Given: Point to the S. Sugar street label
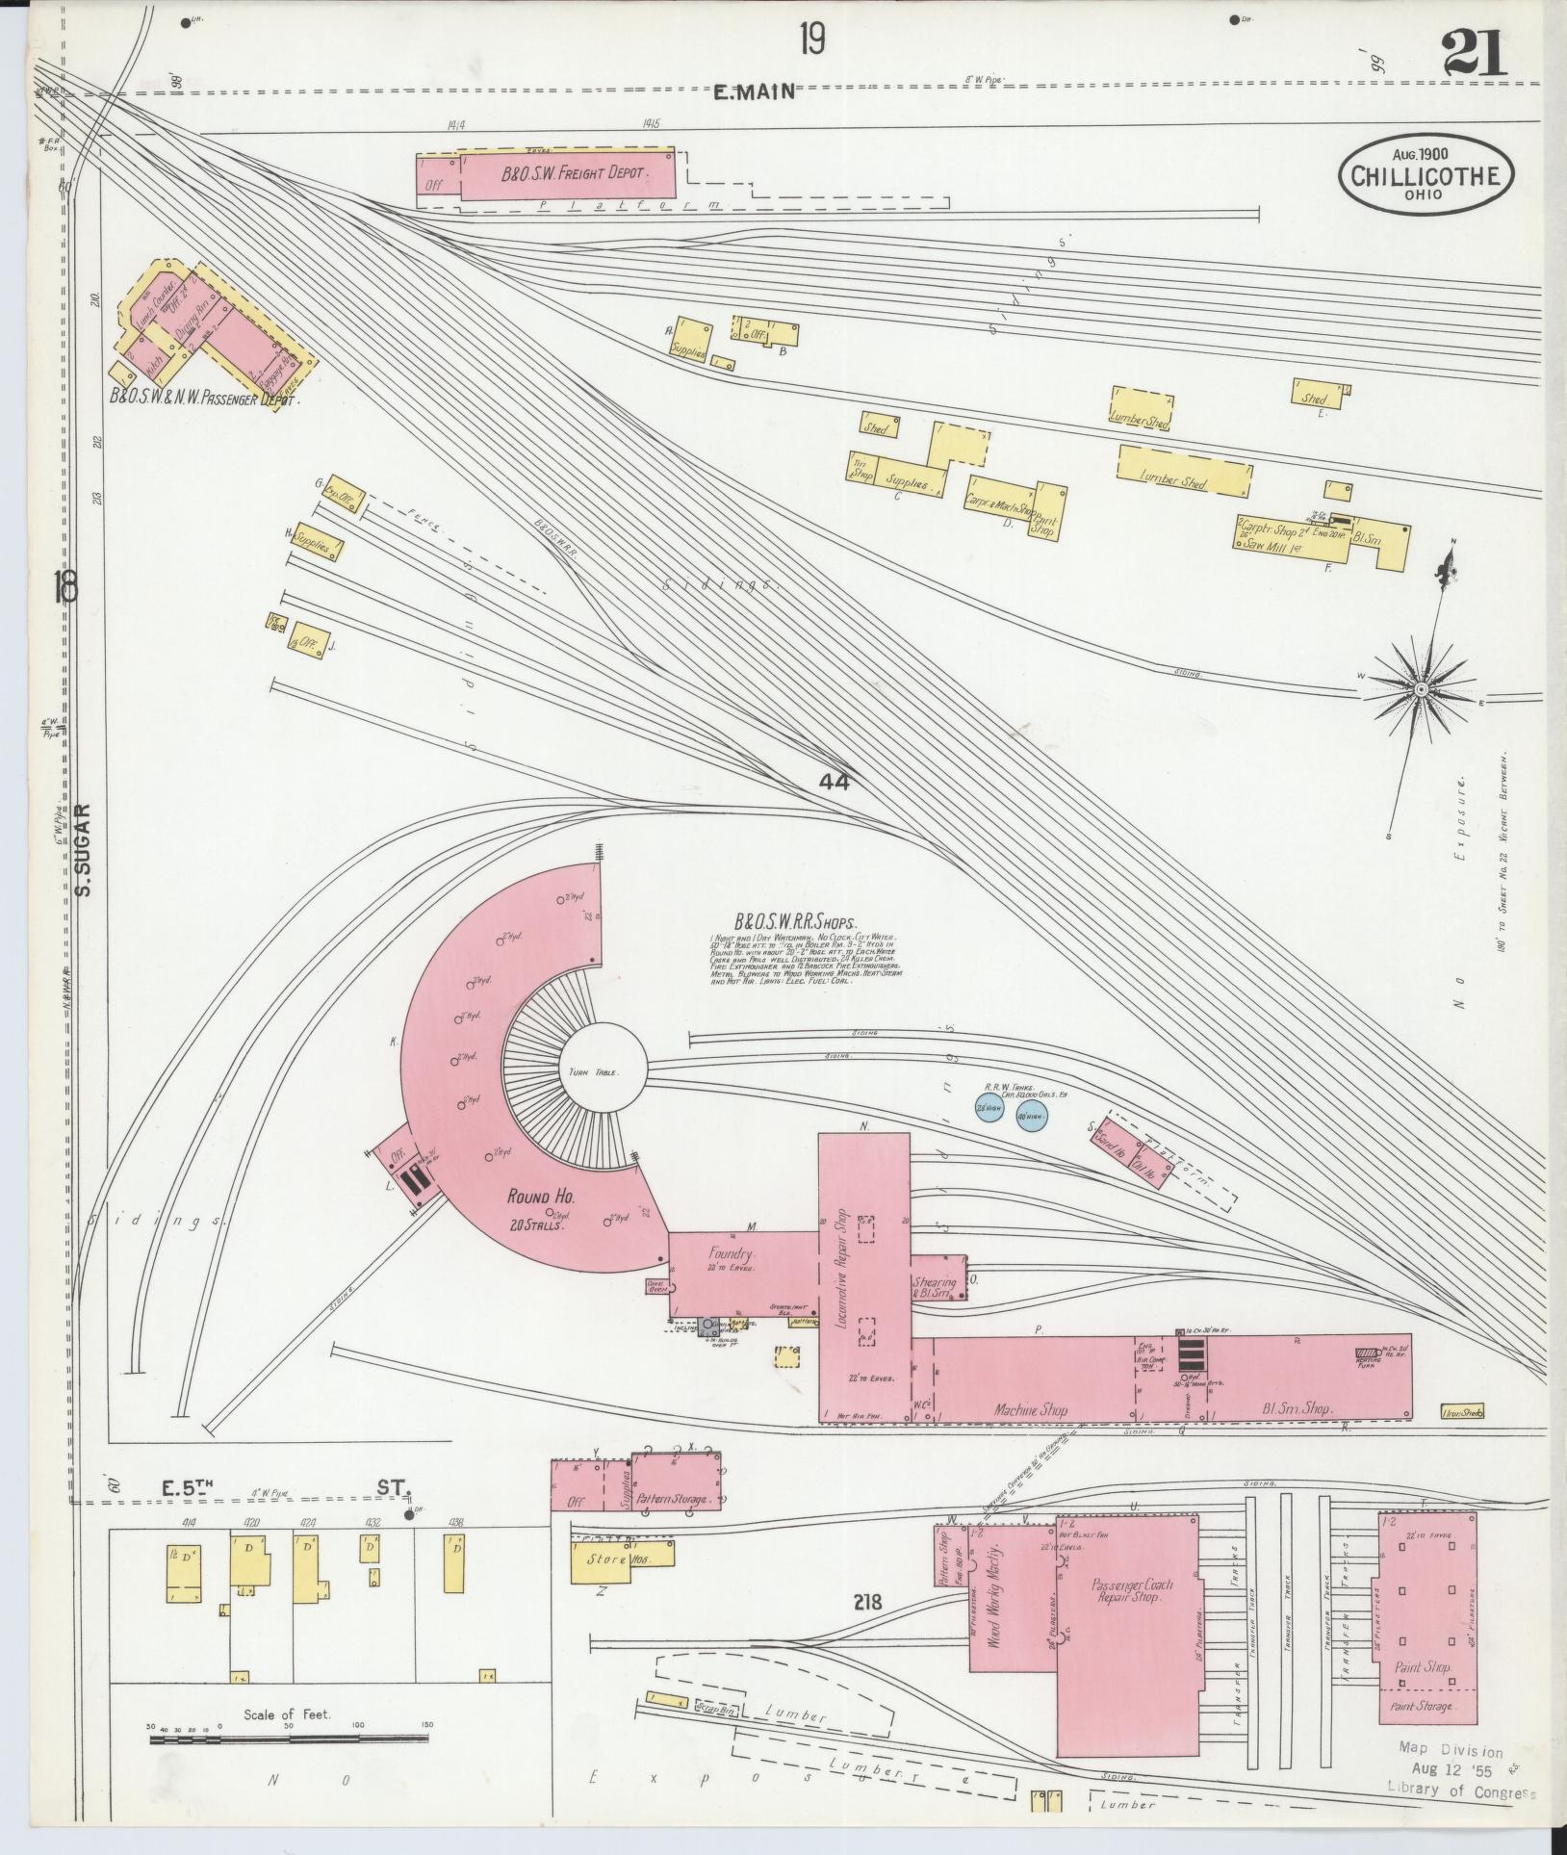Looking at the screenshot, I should pos(83,850).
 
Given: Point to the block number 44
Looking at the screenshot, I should pos(835,783).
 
